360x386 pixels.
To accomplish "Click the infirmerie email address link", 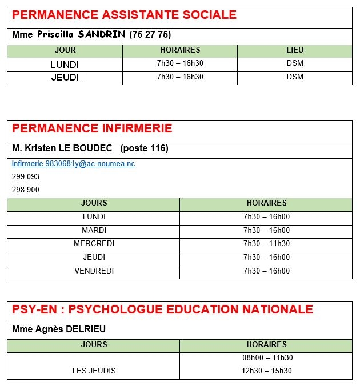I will [73, 164].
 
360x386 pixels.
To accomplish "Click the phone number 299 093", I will [26, 177].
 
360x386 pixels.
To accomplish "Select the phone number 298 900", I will [26, 190].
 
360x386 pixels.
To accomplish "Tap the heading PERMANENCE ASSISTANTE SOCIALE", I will [124, 15].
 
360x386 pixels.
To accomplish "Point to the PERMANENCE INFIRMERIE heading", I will [92, 128].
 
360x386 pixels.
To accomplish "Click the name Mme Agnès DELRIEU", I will [59, 329].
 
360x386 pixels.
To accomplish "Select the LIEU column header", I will [295, 50].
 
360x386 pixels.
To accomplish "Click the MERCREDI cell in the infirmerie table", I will [94, 244].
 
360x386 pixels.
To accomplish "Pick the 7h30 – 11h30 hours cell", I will [266, 244].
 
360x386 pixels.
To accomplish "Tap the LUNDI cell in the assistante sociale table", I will [65, 65].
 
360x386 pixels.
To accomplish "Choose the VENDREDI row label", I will [94, 271].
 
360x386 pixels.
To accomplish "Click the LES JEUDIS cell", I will [94, 371].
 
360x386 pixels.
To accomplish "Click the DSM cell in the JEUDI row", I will [295, 77].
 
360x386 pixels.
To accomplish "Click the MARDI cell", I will [94, 231].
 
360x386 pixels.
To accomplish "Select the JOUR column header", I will [65, 50].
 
